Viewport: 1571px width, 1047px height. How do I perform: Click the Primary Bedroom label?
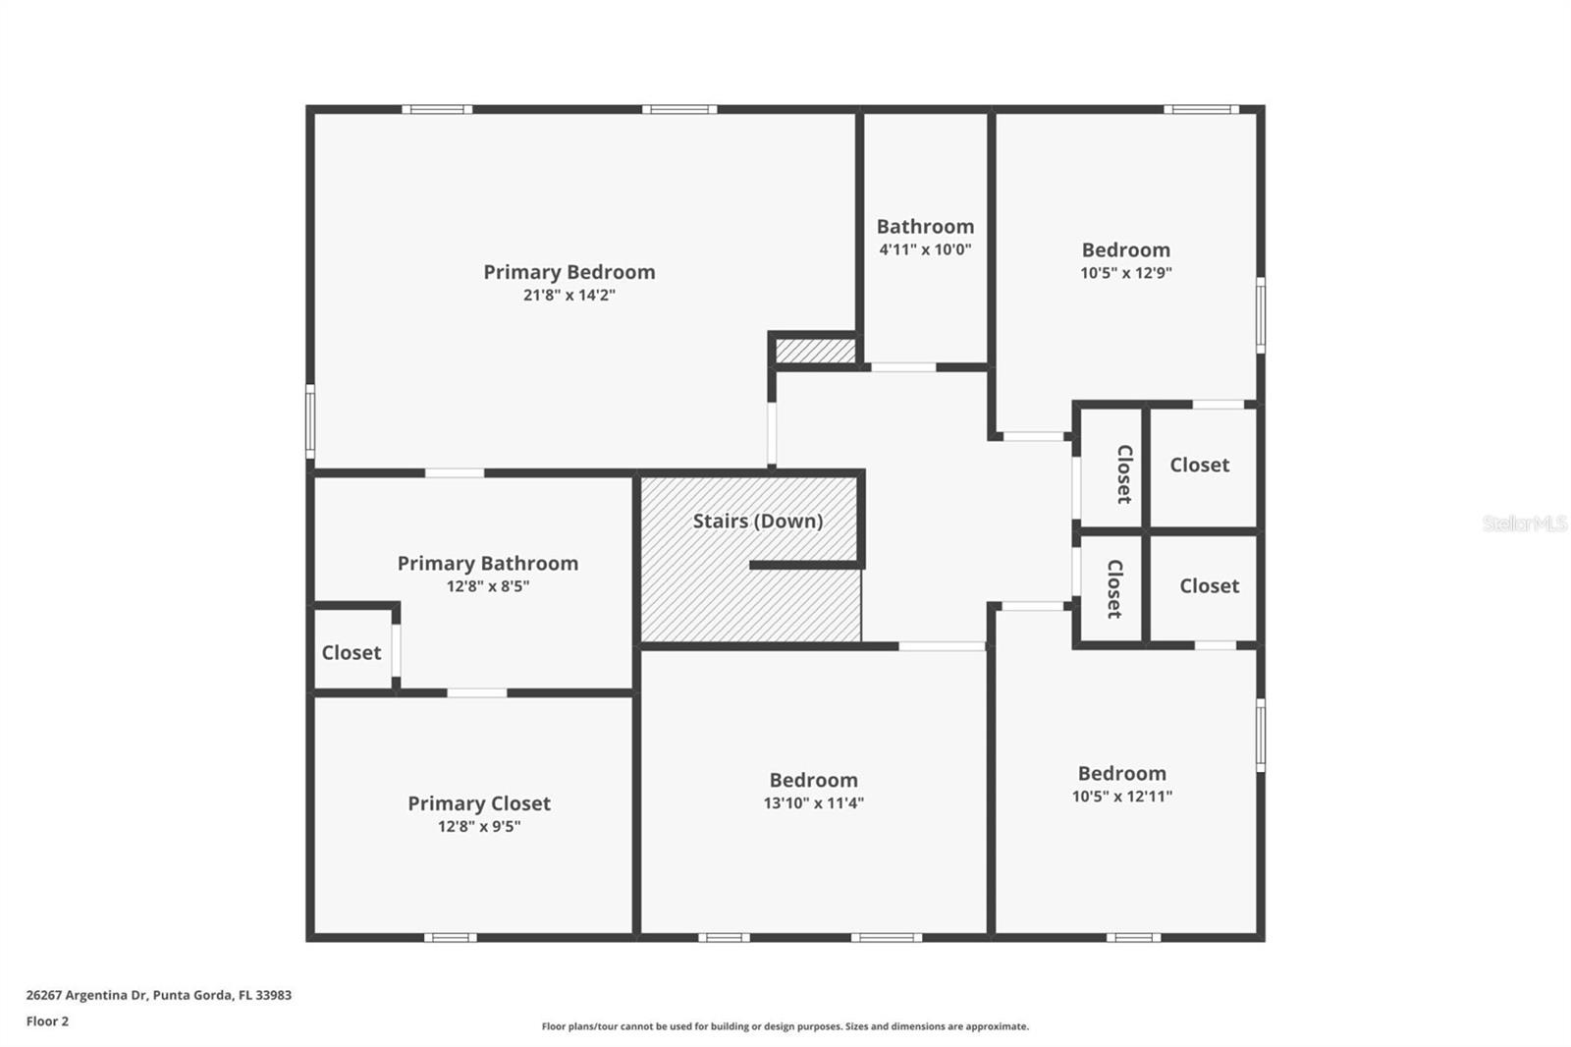click(x=569, y=272)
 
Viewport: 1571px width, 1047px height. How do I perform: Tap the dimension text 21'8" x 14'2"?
click(x=569, y=295)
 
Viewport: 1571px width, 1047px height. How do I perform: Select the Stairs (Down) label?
click(x=757, y=521)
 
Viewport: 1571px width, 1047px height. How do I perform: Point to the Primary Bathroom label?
click(x=487, y=563)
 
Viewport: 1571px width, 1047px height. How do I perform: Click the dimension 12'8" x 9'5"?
click(x=478, y=826)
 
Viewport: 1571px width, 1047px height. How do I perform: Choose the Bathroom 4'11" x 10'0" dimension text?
click(x=925, y=249)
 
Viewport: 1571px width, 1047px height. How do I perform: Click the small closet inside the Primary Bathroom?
click(x=351, y=652)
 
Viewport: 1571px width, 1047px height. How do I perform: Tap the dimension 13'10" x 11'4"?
click(x=813, y=802)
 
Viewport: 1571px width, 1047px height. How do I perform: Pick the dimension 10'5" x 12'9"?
click(x=1125, y=273)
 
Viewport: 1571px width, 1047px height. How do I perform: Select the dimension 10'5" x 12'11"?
click(x=1121, y=797)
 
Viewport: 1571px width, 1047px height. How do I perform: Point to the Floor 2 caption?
click(x=47, y=1020)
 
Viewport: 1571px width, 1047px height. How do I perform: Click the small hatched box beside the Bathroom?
click(x=815, y=350)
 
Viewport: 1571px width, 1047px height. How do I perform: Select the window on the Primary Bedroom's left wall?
click(x=310, y=421)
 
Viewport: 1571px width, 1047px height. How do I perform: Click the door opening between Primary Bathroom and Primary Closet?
click(x=477, y=692)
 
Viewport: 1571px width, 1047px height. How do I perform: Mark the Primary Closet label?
click(x=478, y=802)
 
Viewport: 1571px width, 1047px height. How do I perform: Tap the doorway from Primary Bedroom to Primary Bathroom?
click(x=454, y=472)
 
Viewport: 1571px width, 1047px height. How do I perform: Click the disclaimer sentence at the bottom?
click(x=785, y=1026)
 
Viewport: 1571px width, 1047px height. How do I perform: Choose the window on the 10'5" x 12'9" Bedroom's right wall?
click(x=1260, y=315)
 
